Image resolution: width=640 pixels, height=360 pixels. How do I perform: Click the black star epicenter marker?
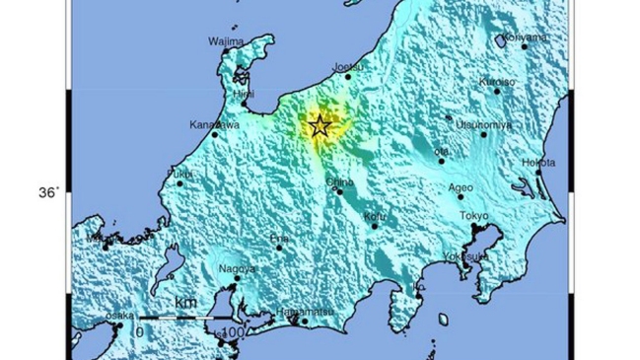coord(320,125)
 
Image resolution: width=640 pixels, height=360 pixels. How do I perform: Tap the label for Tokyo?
coord(474,216)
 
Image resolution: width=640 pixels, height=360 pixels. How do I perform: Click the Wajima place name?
coord(226,41)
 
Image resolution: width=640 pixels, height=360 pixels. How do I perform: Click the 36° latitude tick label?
coord(49,193)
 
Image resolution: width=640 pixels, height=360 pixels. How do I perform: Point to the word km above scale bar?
coord(184,301)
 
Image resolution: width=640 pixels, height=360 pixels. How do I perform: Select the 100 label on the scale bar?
coord(233,333)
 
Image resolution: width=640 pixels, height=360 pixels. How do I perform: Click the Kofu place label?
coord(375,215)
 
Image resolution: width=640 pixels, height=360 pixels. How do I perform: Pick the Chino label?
coord(338,181)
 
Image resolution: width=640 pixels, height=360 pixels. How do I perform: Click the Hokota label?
coord(537,162)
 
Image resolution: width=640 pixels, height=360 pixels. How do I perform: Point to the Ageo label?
coord(461,186)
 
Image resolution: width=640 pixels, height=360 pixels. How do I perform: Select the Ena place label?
coord(282,239)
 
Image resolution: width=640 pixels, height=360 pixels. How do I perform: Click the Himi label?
coord(243,93)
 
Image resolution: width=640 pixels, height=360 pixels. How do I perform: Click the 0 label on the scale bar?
coord(139,332)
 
